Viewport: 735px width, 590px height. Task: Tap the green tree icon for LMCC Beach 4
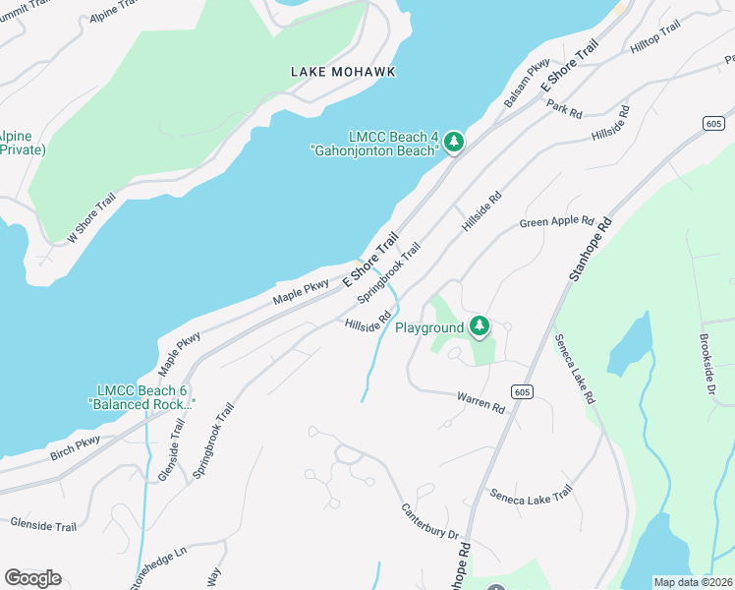click(x=453, y=143)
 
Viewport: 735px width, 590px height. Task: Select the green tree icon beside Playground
click(x=479, y=326)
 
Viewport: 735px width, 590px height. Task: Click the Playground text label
click(x=428, y=327)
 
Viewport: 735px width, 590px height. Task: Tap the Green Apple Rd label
click(x=557, y=222)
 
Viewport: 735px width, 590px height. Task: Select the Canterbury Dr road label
click(x=428, y=521)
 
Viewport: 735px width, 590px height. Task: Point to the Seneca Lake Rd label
click(x=575, y=368)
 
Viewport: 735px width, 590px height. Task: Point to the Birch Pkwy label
click(x=76, y=449)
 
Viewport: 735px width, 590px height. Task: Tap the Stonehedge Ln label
click(x=158, y=568)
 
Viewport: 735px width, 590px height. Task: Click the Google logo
click(x=32, y=578)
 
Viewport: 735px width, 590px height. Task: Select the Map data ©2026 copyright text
click(x=694, y=582)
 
